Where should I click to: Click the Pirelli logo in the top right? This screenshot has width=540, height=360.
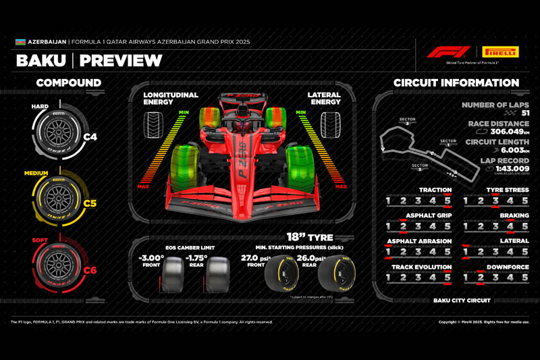[500, 51]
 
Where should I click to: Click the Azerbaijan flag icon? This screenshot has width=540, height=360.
[20, 42]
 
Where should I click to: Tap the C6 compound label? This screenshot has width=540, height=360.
[90, 271]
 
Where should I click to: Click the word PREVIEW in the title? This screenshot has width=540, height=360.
[121, 61]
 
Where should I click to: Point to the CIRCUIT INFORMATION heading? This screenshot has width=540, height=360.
[456, 83]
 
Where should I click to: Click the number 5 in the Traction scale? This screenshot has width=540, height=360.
[446, 201]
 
